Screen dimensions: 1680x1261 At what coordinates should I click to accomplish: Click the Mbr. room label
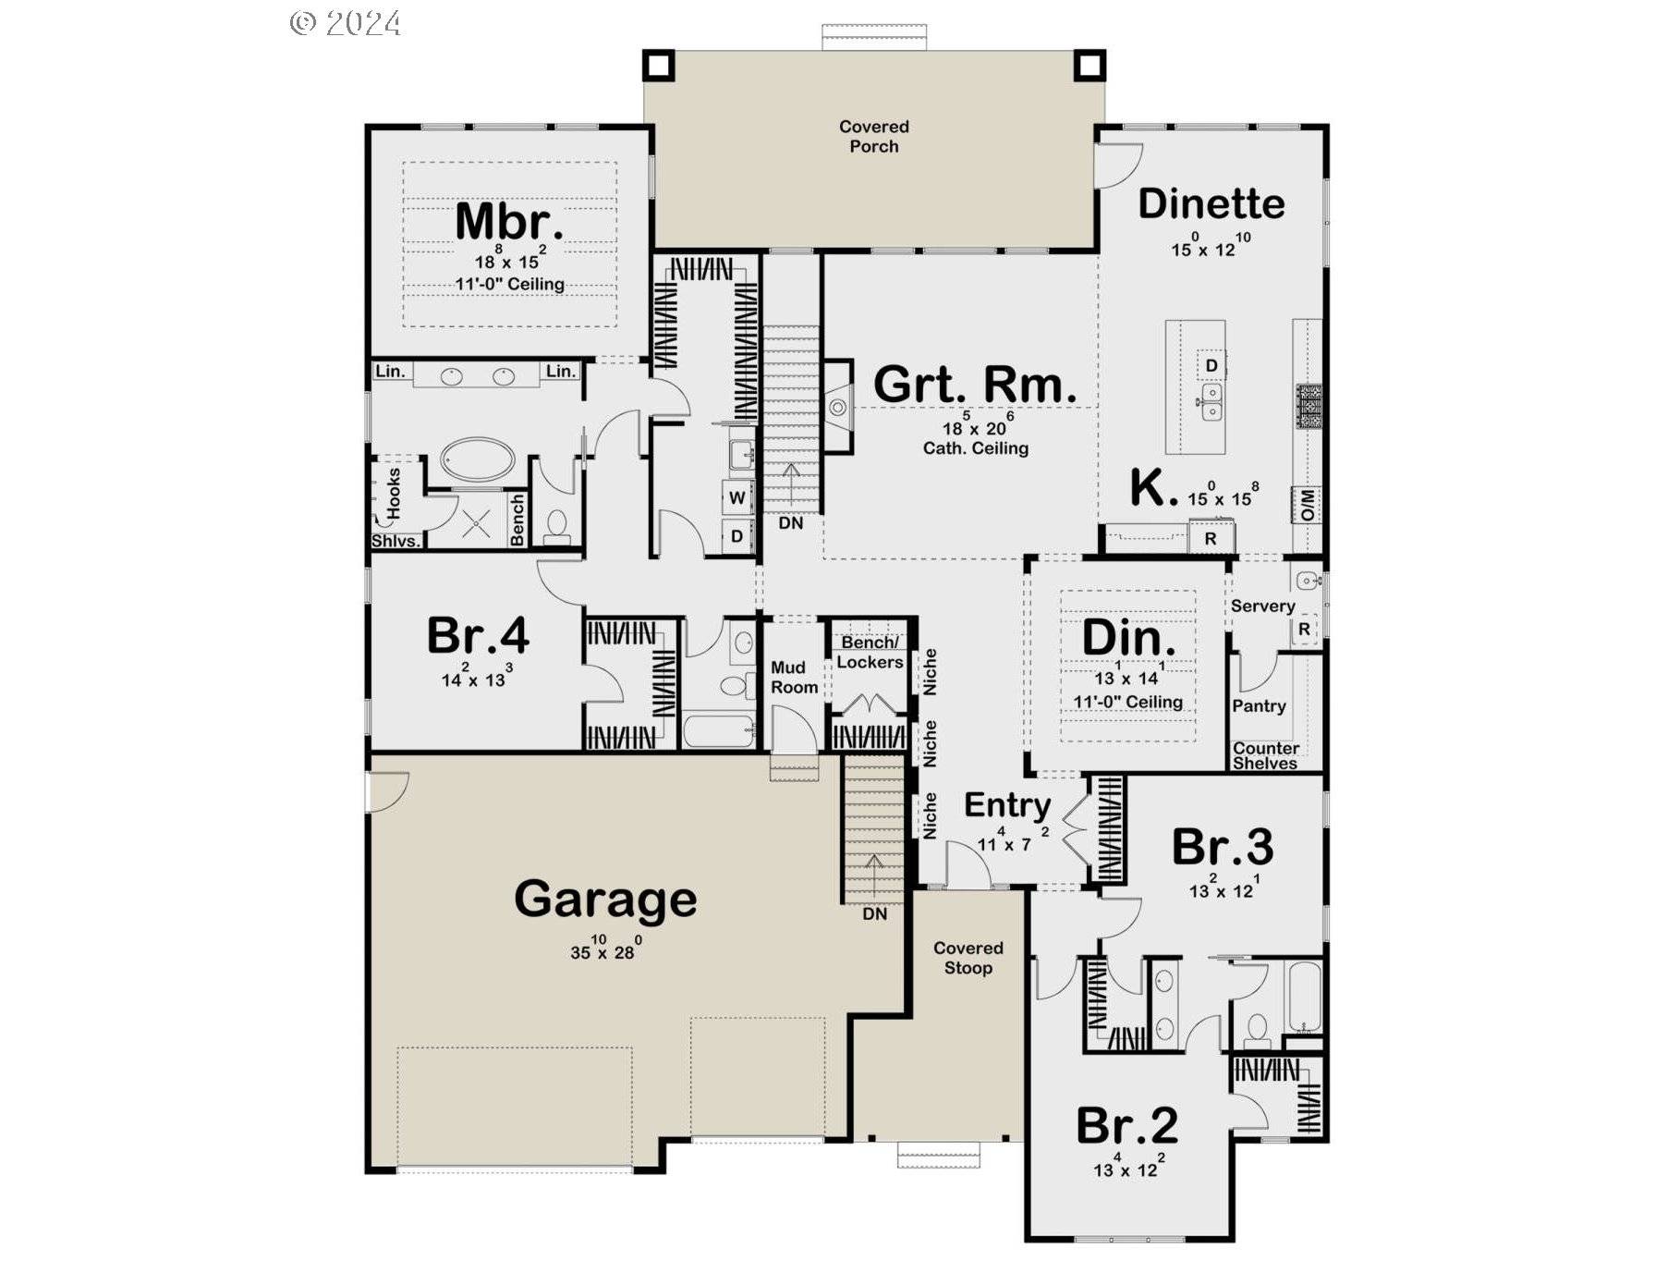pyautogui.click(x=509, y=222)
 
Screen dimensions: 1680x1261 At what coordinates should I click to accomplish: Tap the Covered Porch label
pyautogui.click(x=874, y=136)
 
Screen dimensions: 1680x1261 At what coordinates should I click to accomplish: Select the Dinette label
pyautogui.click(x=1211, y=204)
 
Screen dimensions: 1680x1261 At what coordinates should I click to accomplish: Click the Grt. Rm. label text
pyautogui.click(x=975, y=385)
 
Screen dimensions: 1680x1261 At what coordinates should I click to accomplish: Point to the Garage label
pyautogui.click(x=605, y=900)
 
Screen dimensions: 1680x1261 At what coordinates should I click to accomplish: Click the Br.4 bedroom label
pyautogui.click(x=478, y=635)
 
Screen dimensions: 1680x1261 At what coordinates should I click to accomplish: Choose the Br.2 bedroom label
pyautogui.click(x=1127, y=1125)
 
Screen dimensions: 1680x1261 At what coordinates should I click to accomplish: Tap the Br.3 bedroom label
pyautogui.click(x=1223, y=847)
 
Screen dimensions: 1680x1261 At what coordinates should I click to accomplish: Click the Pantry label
pyautogui.click(x=1259, y=706)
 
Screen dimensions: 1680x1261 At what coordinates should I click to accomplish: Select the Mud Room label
pyautogui.click(x=794, y=678)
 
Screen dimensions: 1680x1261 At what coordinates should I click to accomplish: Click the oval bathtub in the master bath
pyautogui.click(x=477, y=459)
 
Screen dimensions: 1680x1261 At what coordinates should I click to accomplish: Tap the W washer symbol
pyautogui.click(x=737, y=497)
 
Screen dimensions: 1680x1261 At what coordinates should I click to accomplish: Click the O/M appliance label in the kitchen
pyautogui.click(x=1308, y=506)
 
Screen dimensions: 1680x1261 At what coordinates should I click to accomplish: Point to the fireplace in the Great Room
pyautogui.click(x=837, y=407)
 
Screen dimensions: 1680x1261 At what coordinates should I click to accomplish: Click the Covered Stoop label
pyautogui.click(x=968, y=958)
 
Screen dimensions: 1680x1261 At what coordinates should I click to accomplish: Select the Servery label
pyautogui.click(x=1262, y=606)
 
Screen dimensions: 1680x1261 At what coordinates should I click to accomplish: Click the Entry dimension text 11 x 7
pyautogui.click(x=1013, y=840)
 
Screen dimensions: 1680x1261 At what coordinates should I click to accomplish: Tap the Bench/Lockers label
pyautogui.click(x=870, y=653)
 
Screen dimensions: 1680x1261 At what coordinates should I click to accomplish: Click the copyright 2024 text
pyautogui.click(x=346, y=23)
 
